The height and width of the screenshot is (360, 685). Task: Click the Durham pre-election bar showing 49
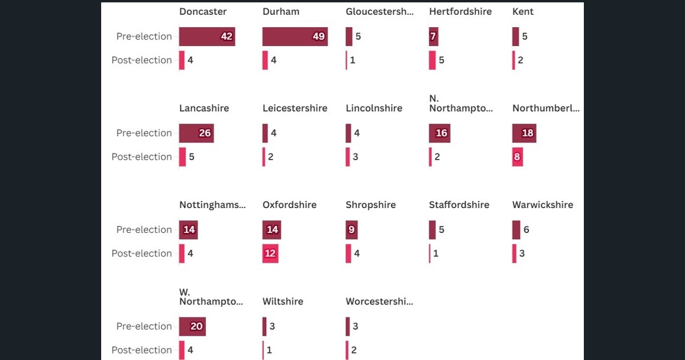(x=295, y=37)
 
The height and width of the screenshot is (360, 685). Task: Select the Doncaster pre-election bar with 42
(x=207, y=37)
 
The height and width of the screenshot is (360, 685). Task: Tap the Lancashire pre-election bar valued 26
(x=196, y=133)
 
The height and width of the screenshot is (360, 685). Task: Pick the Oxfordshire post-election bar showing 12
(x=270, y=254)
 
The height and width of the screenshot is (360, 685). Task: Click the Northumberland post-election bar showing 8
(x=518, y=157)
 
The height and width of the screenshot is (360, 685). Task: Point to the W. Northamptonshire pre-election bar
(x=192, y=326)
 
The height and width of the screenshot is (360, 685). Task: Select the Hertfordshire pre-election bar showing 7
(x=434, y=37)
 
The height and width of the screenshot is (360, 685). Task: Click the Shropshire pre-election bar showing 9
(x=351, y=229)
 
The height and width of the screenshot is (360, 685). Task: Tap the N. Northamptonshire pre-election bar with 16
(x=440, y=133)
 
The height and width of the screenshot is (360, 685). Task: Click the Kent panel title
(x=523, y=11)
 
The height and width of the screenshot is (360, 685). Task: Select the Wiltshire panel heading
(x=283, y=301)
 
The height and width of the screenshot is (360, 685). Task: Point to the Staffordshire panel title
(x=459, y=205)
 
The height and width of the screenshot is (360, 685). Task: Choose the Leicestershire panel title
(x=295, y=108)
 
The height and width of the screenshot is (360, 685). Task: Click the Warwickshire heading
(x=542, y=205)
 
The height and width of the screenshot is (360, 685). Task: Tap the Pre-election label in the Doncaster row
(x=144, y=37)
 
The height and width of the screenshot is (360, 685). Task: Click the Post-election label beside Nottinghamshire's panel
(x=141, y=254)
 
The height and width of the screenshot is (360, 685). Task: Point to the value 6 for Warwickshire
(x=526, y=229)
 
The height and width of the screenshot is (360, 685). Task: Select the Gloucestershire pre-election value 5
(x=358, y=37)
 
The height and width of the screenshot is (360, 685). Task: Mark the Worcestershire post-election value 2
(x=354, y=350)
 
